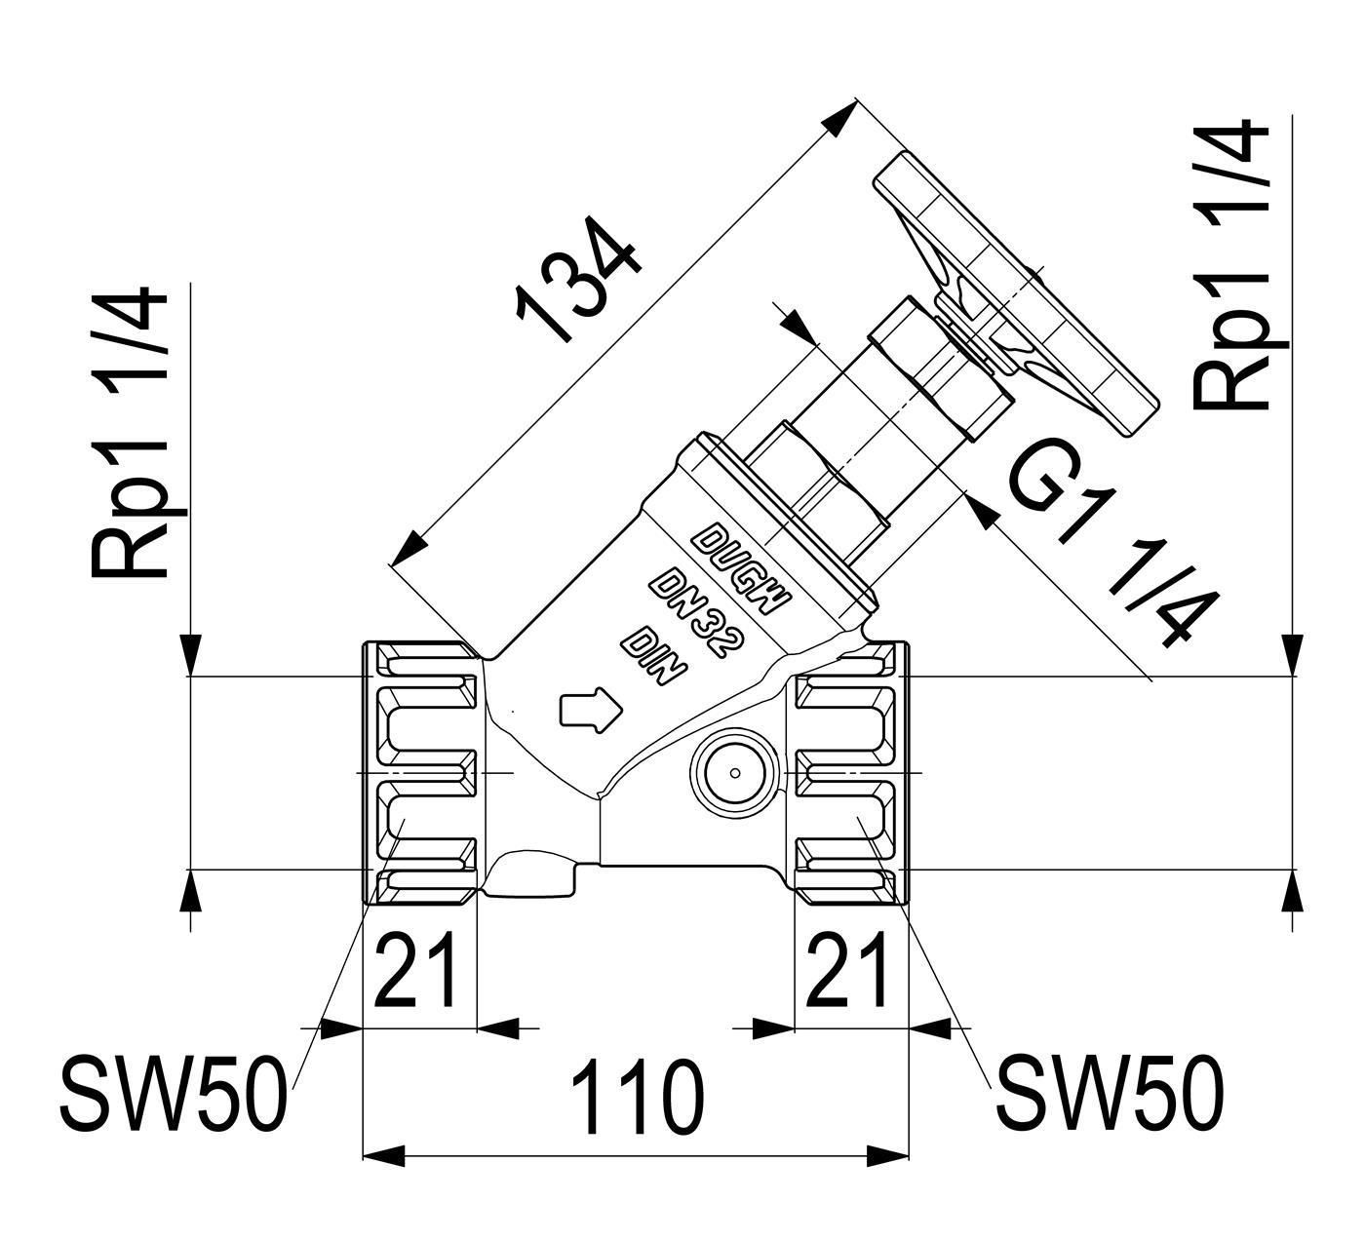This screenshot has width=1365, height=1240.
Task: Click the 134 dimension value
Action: click(579, 280)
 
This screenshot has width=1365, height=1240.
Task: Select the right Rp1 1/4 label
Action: click(1231, 265)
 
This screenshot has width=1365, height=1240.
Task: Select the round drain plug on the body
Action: click(734, 773)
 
